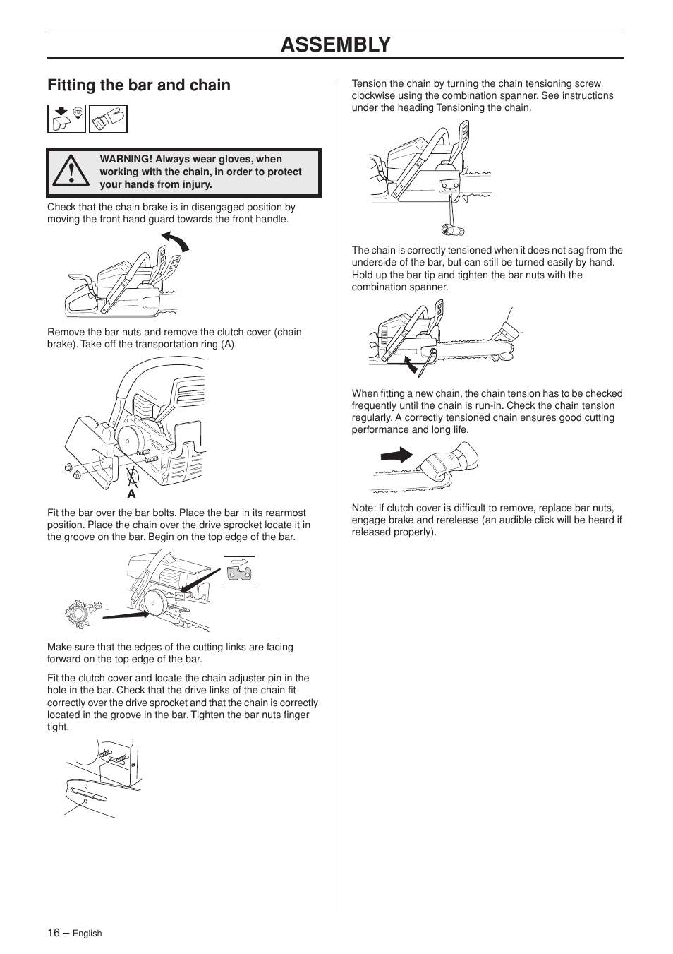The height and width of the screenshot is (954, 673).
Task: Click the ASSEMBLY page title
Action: (335, 44)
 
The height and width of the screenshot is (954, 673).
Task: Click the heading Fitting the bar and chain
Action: (139, 85)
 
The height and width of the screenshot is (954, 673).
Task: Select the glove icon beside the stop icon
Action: (108, 119)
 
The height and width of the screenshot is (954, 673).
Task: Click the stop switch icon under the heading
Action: (66, 119)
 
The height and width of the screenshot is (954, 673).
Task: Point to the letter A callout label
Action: (131, 494)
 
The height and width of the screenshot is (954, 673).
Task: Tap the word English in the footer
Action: (87, 934)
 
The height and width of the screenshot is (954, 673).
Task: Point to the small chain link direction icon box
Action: (239, 569)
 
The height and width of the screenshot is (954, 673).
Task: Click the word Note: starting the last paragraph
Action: (363, 508)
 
